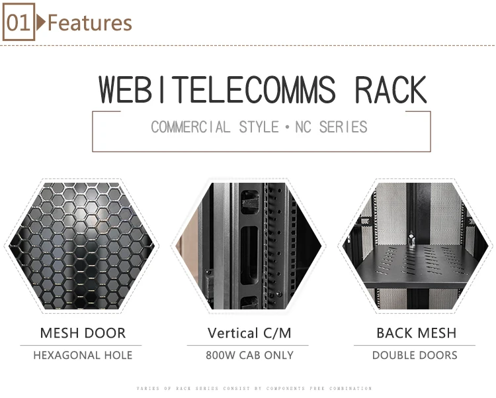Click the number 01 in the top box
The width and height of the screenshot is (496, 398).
tap(19, 23)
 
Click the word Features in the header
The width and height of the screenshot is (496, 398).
tap(90, 23)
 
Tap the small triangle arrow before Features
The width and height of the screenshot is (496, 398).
tap(41, 23)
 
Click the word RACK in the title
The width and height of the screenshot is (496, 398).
tap(391, 90)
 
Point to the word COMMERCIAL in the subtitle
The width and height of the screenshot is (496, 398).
tap(190, 126)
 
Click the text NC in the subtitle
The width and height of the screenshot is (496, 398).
tap(303, 126)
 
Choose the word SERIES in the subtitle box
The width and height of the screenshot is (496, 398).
tap(343, 126)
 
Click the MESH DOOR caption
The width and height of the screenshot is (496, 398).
tap(83, 333)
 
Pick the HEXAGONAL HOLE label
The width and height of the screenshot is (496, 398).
tap(83, 356)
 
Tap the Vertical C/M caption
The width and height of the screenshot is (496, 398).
tap(249, 333)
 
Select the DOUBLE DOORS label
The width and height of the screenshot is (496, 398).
tap(415, 356)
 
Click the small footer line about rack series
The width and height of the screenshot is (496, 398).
tap(254, 389)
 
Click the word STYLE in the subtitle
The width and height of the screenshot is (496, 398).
tap(259, 126)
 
